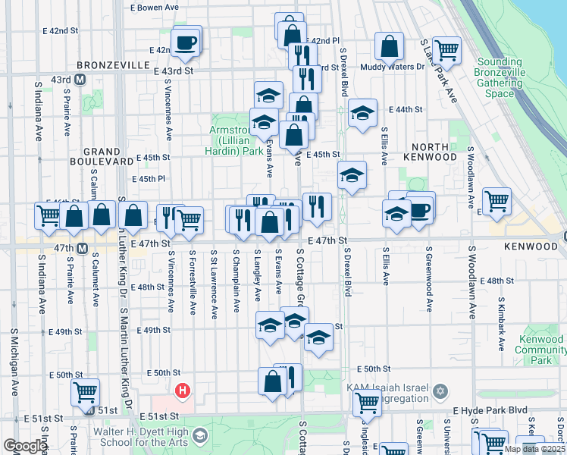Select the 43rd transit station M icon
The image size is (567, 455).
(80, 79)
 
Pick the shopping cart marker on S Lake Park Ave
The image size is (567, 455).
(446, 49)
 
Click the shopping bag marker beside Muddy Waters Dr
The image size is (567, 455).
(389, 45)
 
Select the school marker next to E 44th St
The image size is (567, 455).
(362, 113)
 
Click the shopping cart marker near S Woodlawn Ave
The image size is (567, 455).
(497, 200)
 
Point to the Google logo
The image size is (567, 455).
(24, 446)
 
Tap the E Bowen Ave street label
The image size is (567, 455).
(154, 7)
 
